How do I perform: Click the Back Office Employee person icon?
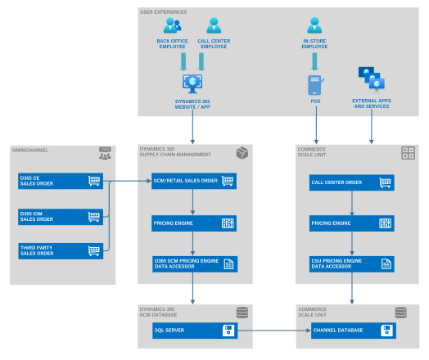click(172, 25)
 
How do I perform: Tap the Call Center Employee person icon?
click(214, 25)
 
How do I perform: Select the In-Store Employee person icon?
click(314, 25)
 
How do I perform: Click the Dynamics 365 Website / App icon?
click(192, 83)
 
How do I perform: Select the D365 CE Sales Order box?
click(61, 181)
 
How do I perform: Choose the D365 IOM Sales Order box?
click(61, 216)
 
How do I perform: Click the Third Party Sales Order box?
click(61, 250)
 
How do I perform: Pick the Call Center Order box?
click(351, 182)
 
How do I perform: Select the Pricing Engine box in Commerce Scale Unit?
click(351, 223)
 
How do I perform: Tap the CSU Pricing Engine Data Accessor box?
click(351, 263)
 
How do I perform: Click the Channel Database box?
click(351, 331)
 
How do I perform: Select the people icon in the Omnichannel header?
click(104, 152)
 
